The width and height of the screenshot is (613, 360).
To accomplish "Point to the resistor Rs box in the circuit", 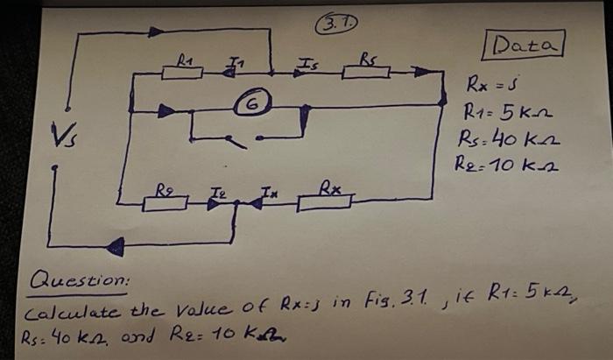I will tap(366, 71).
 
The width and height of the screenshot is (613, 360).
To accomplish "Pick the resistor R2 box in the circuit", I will tap(166, 203).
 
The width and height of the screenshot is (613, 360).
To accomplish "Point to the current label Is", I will tap(307, 60).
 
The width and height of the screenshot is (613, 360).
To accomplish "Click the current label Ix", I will tap(263, 187).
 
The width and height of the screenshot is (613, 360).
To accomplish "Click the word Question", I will tap(79, 282).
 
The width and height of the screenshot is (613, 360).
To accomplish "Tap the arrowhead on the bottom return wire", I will tap(115, 248).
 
